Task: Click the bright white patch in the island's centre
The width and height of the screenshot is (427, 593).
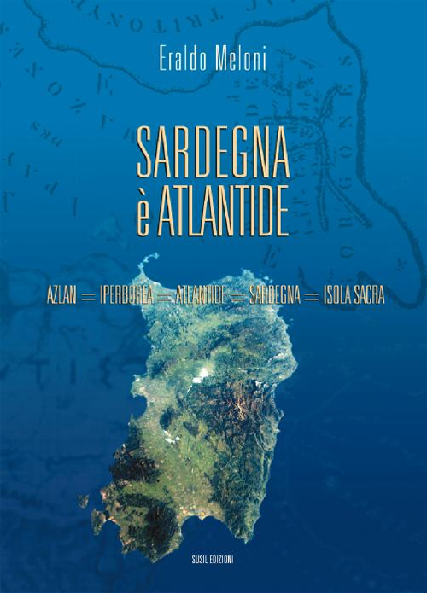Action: tap(202, 375)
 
